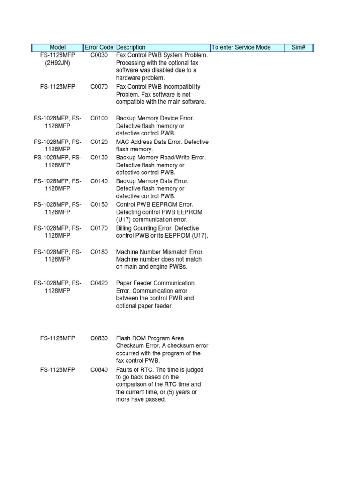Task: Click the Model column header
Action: [58, 47]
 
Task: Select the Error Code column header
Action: [99, 47]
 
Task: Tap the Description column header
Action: [131, 47]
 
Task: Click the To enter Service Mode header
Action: [241, 47]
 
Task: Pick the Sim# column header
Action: [298, 47]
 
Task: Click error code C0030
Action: [99, 55]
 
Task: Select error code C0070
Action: [99, 87]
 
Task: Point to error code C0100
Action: [99, 118]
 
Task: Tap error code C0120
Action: [99, 142]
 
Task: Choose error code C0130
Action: [99, 157]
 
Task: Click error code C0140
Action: [99, 181]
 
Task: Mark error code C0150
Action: [99, 204]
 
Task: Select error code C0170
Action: [99, 228]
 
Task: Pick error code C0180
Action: [99, 252]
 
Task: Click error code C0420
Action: [99, 283]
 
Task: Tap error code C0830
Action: [99, 338]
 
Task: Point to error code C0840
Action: [99, 370]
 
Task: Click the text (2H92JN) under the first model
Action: [58, 63]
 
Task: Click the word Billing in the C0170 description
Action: [125, 228]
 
